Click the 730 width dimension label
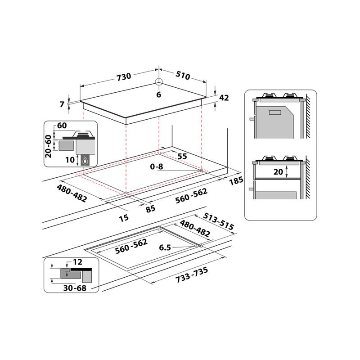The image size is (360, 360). click(124, 76)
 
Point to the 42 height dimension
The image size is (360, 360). click(224, 98)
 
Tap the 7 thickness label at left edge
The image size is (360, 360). click(63, 104)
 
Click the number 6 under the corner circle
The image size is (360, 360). click(158, 94)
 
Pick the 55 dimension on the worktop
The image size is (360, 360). click(182, 156)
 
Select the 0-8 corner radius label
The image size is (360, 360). click(157, 166)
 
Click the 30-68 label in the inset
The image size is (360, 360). click(75, 288)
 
